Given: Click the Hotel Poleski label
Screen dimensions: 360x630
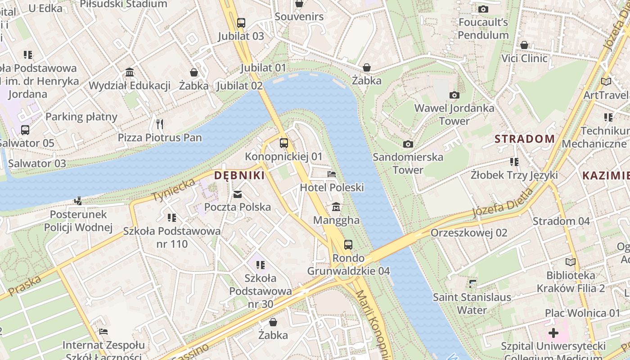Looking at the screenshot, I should tap(332, 187).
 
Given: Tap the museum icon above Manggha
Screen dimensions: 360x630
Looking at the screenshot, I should tap(336, 207).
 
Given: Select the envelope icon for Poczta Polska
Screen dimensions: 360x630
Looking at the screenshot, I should tap(238, 194).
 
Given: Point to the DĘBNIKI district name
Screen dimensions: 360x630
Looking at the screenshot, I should tap(239, 175).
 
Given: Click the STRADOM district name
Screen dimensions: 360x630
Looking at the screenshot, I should tap(525, 139).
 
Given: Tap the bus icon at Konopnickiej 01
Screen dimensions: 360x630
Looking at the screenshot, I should tap(283, 143).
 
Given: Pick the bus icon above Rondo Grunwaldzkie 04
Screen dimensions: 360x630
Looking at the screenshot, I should tap(348, 245).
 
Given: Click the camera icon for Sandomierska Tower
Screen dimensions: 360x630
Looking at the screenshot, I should tap(408, 144).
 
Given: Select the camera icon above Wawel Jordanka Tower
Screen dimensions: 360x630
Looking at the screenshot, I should tap(454, 95).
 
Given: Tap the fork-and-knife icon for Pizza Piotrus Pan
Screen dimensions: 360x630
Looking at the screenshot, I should tap(160, 124).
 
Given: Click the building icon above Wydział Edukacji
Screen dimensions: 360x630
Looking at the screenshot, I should tap(130, 72).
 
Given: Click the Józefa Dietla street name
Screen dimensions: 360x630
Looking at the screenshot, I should tap(502, 202).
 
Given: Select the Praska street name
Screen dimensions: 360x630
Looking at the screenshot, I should tap(25, 286).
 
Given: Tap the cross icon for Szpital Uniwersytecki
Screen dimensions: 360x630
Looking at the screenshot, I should tap(553, 333).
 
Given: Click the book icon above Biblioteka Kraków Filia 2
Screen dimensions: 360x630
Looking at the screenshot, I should tap(571, 262).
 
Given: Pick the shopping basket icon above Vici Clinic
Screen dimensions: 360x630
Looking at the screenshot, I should tap(524, 45).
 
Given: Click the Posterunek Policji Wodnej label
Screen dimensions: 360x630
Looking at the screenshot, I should tap(78, 220).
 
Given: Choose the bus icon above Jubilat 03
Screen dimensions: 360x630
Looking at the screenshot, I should tap(241, 22).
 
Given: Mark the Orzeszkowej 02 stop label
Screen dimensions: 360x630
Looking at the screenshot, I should tap(469, 233).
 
